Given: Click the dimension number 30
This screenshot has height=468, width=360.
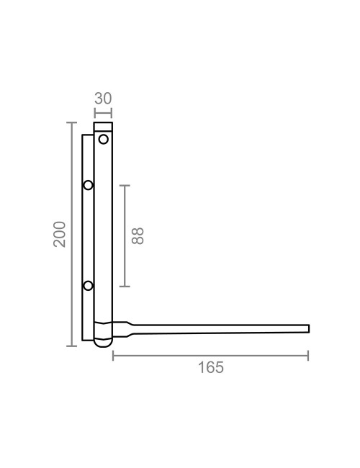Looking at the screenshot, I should pyautogui.click(x=103, y=99).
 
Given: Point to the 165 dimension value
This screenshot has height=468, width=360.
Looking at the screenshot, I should pyautogui.click(x=210, y=368).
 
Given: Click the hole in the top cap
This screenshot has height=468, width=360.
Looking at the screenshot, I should pyautogui.click(x=103, y=138).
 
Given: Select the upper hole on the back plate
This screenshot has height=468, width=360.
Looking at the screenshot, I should pyautogui.click(x=88, y=185).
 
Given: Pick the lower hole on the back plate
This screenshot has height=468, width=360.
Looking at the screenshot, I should pyautogui.click(x=88, y=286).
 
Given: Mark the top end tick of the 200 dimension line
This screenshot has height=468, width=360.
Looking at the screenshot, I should pyautogui.click(x=71, y=123).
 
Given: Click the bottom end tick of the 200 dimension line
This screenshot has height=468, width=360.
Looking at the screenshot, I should pyautogui.click(x=71, y=346).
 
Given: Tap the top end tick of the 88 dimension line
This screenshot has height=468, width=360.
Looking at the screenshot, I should pyautogui.click(x=125, y=186).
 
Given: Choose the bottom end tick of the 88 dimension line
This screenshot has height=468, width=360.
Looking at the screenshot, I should pyautogui.click(x=125, y=287).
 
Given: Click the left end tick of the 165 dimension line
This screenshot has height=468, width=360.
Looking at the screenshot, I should pyautogui.click(x=113, y=355).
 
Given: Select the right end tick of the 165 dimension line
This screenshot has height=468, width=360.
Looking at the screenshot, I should pyautogui.click(x=308, y=355).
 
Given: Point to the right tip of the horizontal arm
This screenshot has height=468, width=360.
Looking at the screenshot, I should pyautogui.click(x=308, y=329).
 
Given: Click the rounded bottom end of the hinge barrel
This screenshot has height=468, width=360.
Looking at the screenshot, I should pyautogui.click(x=103, y=344).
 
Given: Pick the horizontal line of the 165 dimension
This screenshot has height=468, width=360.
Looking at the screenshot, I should pyautogui.click(x=210, y=355).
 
